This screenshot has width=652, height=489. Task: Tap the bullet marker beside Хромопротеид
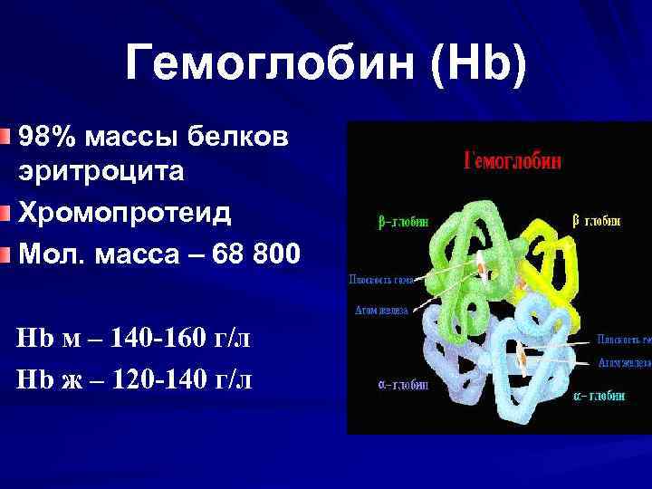coord(7,212)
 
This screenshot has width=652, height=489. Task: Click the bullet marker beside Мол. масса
coord(7,252)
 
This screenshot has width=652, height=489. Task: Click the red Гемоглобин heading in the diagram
coord(513,161)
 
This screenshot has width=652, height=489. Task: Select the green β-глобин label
coord(403,220)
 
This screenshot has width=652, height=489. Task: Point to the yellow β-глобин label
coord(596,220)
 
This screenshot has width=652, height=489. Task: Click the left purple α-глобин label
coord(402,385)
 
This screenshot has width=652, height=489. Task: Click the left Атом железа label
coord(380,310)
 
